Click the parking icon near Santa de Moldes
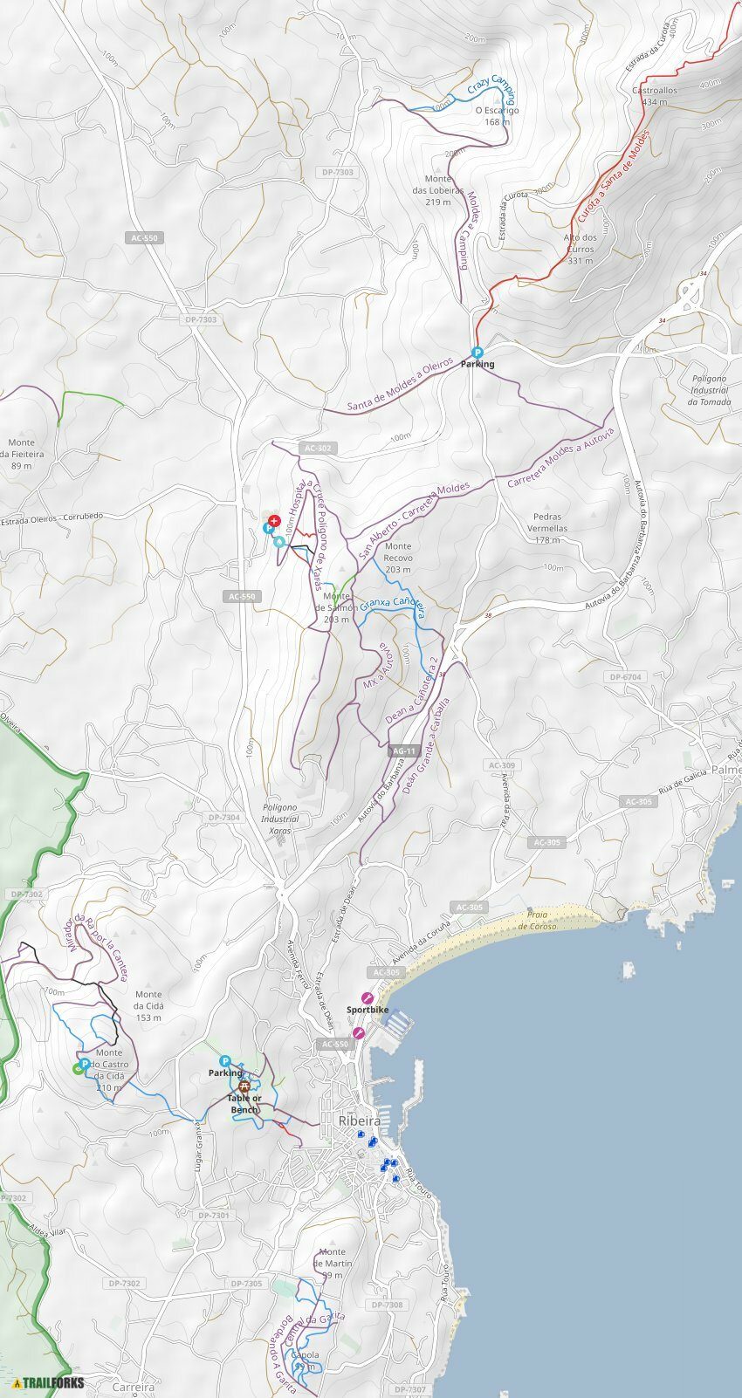point(477,353)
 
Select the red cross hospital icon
point(274,520)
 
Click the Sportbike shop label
point(368,1010)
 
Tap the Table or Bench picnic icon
point(245,1086)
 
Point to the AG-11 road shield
point(404,750)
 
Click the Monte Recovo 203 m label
point(397,558)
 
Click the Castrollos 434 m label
point(654,96)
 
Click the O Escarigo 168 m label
point(497,116)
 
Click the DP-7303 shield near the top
point(337,172)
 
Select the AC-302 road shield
point(318,448)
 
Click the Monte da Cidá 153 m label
point(148,1005)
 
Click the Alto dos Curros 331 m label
point(580,249)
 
